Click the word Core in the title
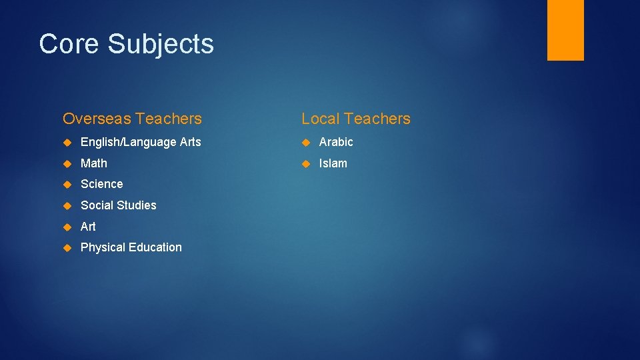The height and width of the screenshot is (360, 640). (69, 44)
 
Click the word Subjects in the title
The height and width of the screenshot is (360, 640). (161, 44)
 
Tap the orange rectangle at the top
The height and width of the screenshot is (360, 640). (565, 30)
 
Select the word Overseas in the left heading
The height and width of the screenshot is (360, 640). (96, 119)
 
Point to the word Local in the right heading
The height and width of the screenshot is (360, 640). (320, 119)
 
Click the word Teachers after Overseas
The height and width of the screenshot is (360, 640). (168, 119)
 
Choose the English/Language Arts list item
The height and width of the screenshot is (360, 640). (141, 142)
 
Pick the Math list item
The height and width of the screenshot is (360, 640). (93, 163)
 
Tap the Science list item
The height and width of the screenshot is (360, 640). (101, 184)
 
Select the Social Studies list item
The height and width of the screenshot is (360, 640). (118, 205)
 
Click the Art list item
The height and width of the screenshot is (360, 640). (88, 227)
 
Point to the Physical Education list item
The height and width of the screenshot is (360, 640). (131, 247)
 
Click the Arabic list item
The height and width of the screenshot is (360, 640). (336, 142)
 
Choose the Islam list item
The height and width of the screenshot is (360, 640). (333, 163)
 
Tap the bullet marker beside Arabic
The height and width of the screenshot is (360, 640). (306, 142)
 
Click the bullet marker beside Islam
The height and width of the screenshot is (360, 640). (306, 163)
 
